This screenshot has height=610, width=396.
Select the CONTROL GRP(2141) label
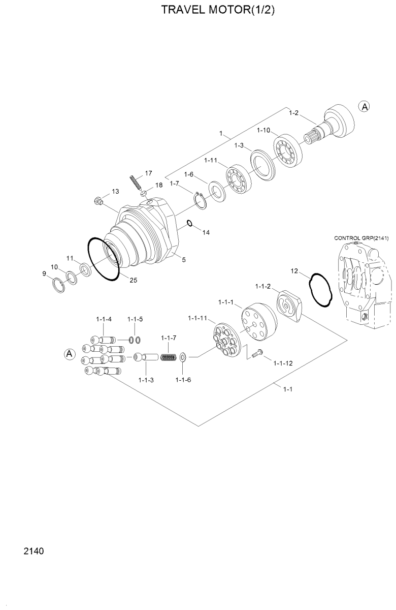(362, 238)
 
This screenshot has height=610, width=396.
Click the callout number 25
(133, 280)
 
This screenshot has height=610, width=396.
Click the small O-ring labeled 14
(189, 223)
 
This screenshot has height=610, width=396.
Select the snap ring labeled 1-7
(200, 201)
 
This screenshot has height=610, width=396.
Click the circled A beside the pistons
(69, 354)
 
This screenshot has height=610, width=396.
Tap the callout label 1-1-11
(197, 318)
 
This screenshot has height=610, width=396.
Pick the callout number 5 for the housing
(183, 260)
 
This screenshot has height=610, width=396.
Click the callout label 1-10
(263, 131)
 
